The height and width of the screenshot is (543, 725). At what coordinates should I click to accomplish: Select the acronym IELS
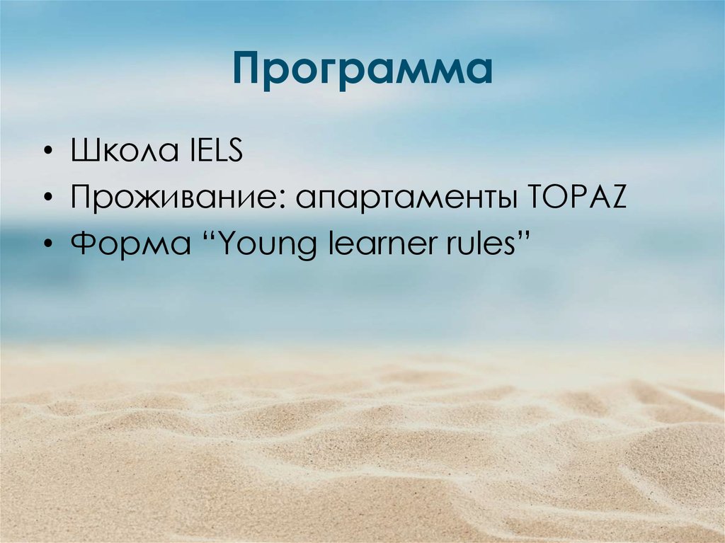[212, 153]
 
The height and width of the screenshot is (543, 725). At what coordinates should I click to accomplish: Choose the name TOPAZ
[578, 199]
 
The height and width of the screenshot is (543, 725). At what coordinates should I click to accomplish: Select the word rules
[479, 244]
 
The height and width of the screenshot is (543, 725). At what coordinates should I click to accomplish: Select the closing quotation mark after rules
[525, 236]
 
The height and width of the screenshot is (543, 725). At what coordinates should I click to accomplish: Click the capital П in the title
[249, 69]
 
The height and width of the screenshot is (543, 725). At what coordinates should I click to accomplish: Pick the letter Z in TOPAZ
[618, 199]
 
